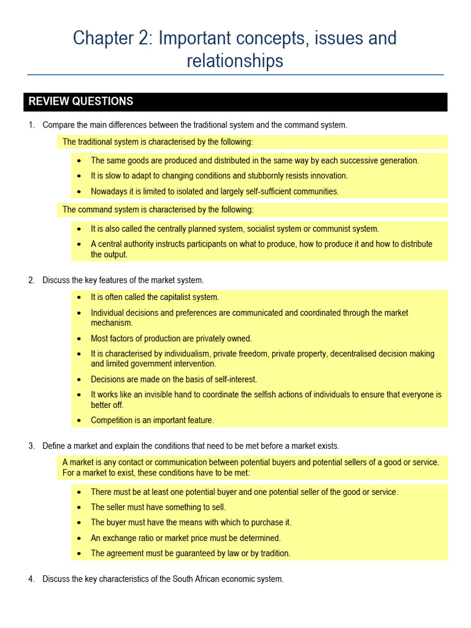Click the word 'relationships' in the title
tap(235, 61)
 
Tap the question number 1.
tap(31, 125)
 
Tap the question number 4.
tap(31, 579)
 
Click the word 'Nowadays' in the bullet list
tap(109, 191)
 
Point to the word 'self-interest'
tap(234, 380)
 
